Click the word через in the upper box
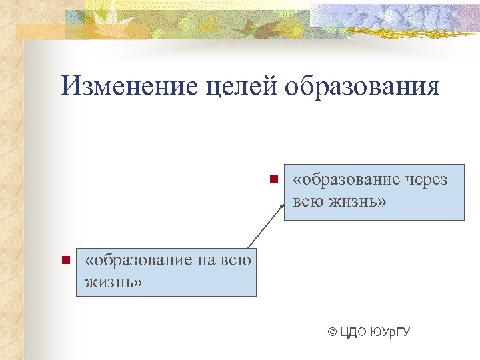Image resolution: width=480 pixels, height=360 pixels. (425, 180)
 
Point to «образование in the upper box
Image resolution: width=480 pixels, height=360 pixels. (345, 180)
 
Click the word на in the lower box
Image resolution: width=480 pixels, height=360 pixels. (207, 260)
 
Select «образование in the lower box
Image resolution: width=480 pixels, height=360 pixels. (138, 260)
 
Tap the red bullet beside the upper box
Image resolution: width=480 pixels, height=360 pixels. (273, 179)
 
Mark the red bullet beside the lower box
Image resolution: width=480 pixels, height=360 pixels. (65, 259)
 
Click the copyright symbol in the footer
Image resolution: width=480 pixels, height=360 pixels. (332, 331)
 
